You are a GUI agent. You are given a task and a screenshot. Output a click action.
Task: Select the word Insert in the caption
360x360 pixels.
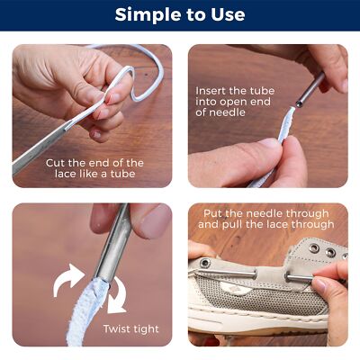[x=212, y=91]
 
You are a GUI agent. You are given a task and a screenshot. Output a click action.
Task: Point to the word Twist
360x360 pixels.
[x=120, y=328]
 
